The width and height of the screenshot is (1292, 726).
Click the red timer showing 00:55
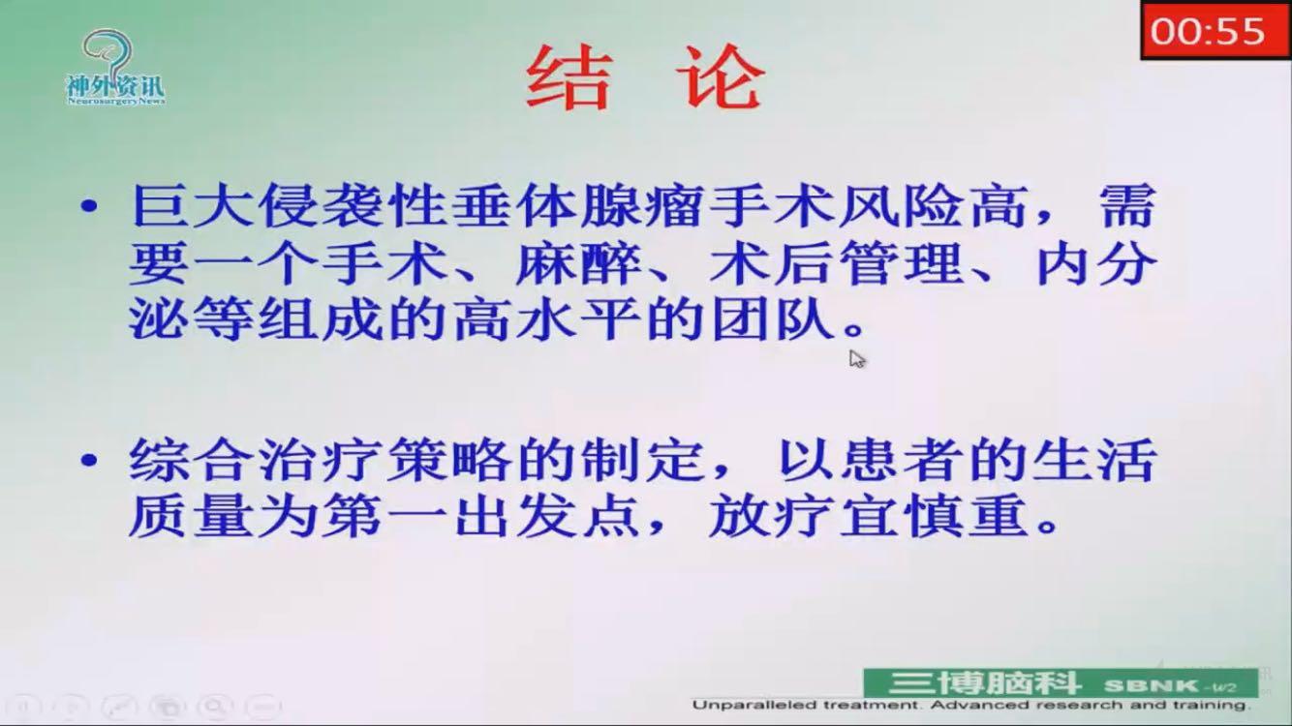(1215, 30)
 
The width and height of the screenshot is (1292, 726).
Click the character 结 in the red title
(569, 77)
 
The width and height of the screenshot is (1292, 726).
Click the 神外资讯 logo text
(116, 87)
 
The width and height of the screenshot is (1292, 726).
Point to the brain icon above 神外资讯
(109, 53)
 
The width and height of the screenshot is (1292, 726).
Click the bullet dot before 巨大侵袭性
(89, 205)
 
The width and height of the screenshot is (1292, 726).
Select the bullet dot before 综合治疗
(89, 460)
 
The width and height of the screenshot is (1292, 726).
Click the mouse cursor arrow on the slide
(856, 359)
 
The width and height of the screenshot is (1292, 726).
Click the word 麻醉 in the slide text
(578, 264)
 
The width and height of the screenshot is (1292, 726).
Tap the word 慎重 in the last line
(968, 516)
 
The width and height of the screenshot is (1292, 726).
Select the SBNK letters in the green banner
(1150, 685)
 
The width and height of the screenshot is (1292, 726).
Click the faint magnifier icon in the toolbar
(215, 707)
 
